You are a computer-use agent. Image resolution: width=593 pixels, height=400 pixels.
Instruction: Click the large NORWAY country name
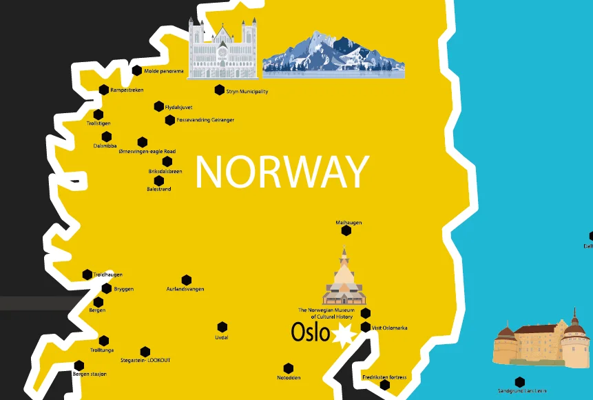pos(282,172)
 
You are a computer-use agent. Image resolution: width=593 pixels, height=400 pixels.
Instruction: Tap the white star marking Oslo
pos(342,336)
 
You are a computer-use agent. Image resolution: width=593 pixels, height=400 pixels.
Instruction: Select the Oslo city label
pos(311,332)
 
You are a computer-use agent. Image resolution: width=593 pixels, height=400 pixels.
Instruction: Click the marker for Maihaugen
pos(346,231)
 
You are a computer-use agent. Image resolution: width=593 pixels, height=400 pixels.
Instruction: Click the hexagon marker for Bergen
pos(98,302)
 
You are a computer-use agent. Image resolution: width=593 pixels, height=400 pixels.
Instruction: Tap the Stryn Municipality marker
pos(220,90)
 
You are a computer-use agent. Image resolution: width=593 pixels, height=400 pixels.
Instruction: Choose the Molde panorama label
pos(164,71)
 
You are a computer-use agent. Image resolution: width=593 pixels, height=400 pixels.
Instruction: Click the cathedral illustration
pos(222,49)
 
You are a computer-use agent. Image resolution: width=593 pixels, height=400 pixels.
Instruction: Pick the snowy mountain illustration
pos(333,53)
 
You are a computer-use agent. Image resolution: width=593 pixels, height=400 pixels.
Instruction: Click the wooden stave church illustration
pos(344,279)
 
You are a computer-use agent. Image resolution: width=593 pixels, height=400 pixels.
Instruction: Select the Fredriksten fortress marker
pos(385,385)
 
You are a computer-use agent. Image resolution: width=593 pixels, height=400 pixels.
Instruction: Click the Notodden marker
pos(289,368)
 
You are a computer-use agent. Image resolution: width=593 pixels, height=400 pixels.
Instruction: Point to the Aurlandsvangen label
pos(185,289)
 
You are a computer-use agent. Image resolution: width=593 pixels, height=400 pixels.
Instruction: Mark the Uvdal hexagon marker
pos(222,327)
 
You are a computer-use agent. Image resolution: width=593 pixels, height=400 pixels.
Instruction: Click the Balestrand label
pos(159,189)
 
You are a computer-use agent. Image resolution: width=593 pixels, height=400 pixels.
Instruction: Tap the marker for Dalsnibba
pos(107,137)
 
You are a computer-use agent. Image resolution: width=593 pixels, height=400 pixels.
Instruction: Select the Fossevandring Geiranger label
pos(205,120)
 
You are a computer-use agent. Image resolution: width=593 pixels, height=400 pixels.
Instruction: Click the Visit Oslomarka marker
pos(366,328)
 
